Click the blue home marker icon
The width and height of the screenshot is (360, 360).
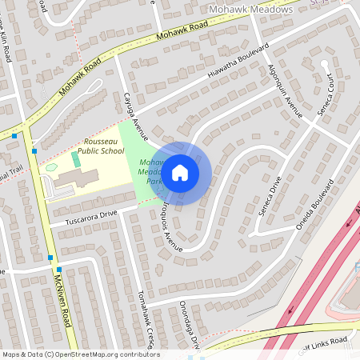coord(180,172)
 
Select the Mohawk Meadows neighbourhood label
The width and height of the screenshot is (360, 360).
coord(249,9)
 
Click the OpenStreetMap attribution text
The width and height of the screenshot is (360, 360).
coord(81,354)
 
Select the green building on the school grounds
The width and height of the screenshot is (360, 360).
coord(76,159)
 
